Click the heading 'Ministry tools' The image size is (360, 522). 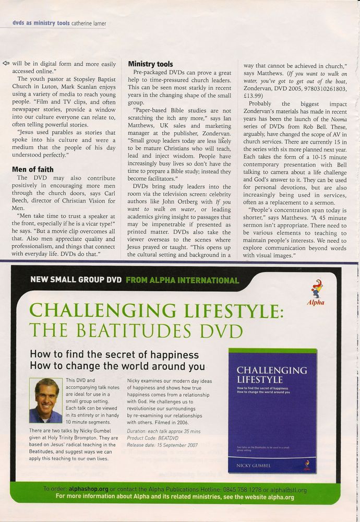151,64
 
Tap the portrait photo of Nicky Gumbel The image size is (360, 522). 45,400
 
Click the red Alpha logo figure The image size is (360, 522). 315,293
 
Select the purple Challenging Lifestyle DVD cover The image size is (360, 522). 272,410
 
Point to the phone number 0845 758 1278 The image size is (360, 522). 248,490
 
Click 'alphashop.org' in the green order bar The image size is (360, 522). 88,490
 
